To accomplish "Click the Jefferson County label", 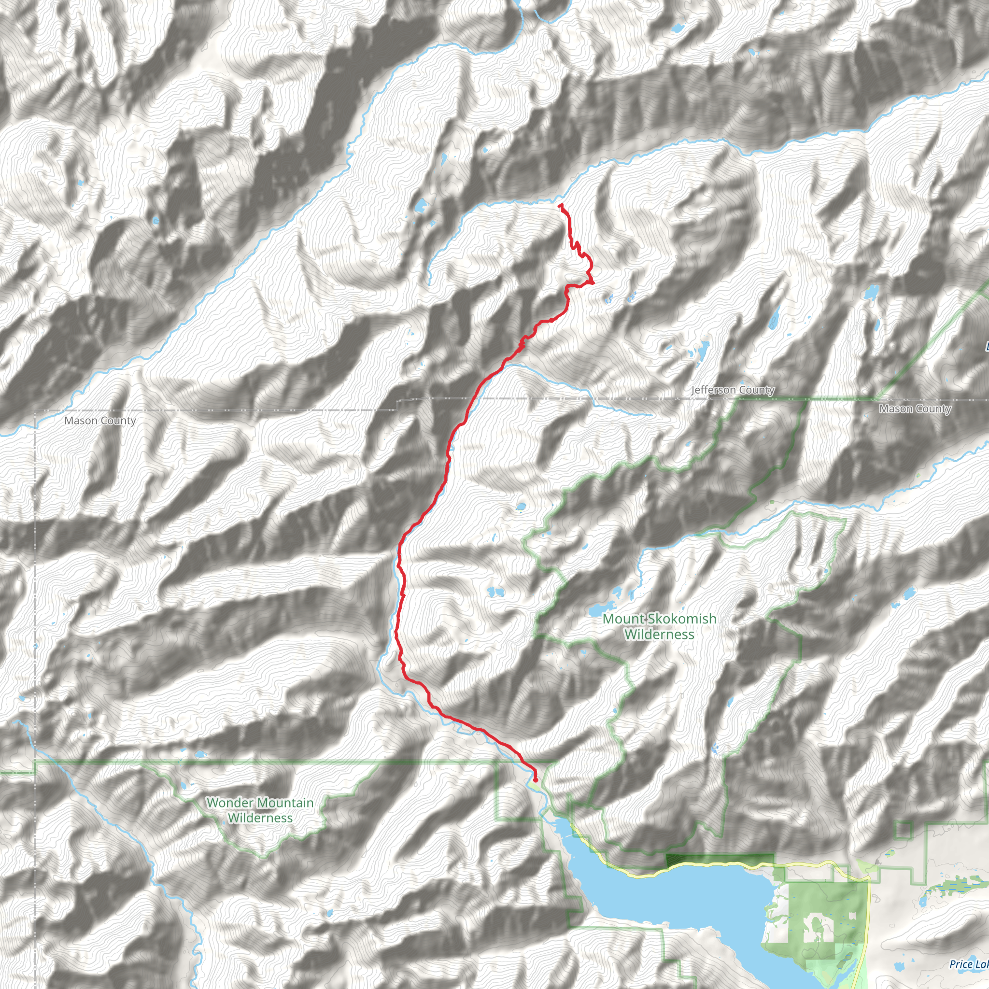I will tap(733, 390).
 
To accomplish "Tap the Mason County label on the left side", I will tap(100, 421).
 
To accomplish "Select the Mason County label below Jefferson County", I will tap(915, 409).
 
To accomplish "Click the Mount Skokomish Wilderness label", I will tap(659, 626).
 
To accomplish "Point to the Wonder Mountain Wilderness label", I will tap(260, 810).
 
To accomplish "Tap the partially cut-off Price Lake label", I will tap(969, 964).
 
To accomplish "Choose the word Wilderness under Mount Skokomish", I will tap(659, 635).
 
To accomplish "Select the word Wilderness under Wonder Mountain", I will tap(260, 818).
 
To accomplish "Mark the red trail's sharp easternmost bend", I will tap(593, 282).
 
